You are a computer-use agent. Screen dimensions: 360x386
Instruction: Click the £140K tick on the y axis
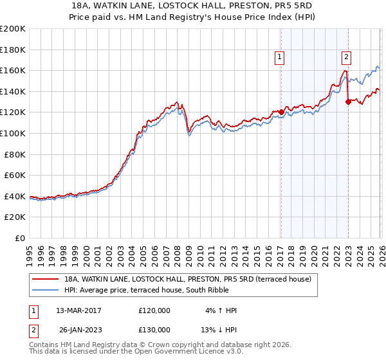[13, 91]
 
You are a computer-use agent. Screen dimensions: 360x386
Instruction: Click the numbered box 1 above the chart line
[280, 57]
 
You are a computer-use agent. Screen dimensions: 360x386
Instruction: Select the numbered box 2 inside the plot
[346, 57]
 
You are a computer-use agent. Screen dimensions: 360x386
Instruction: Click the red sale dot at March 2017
[281, 113]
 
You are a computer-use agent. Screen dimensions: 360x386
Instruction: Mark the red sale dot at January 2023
[348, 102]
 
